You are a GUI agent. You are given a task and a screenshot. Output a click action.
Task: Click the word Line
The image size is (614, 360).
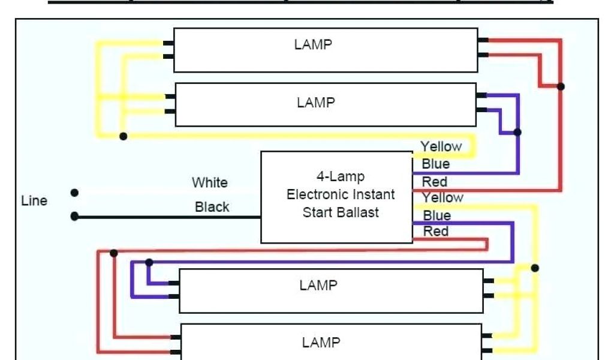(34, 201)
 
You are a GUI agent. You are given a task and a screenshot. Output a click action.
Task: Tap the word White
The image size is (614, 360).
(209, 182)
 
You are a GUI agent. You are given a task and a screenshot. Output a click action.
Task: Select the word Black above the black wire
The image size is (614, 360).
(212, 207)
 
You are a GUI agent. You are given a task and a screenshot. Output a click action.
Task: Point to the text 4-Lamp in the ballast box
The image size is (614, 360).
(340, 177)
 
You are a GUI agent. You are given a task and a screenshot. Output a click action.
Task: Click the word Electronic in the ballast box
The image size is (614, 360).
(315, 194)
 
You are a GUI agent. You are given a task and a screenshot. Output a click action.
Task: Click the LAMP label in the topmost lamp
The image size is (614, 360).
(313, 45)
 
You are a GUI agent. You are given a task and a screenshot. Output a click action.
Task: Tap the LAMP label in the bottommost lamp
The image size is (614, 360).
(321, 343)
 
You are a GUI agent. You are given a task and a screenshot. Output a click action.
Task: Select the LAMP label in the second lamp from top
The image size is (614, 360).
(315, 103)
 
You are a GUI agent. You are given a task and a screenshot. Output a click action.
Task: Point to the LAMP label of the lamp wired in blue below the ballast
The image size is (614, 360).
(318, 285)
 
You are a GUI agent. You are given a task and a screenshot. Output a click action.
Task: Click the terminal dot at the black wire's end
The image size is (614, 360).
(74, 216)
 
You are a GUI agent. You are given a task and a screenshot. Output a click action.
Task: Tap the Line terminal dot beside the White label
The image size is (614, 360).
(74, 193)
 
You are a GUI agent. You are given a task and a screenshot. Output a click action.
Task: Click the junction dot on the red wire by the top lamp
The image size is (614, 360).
(561, 86)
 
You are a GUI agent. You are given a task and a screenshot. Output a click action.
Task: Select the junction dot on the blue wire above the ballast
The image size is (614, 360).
(517, 132)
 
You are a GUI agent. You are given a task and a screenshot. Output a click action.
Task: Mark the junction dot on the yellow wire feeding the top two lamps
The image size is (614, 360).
(123, 136)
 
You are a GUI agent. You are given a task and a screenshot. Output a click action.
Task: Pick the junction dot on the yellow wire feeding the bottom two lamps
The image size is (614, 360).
(535, 268)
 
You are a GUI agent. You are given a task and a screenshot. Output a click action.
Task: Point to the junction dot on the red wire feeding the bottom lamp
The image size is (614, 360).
(114, 253)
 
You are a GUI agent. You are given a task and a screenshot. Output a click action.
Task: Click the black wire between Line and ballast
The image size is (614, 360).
(168, 216)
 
